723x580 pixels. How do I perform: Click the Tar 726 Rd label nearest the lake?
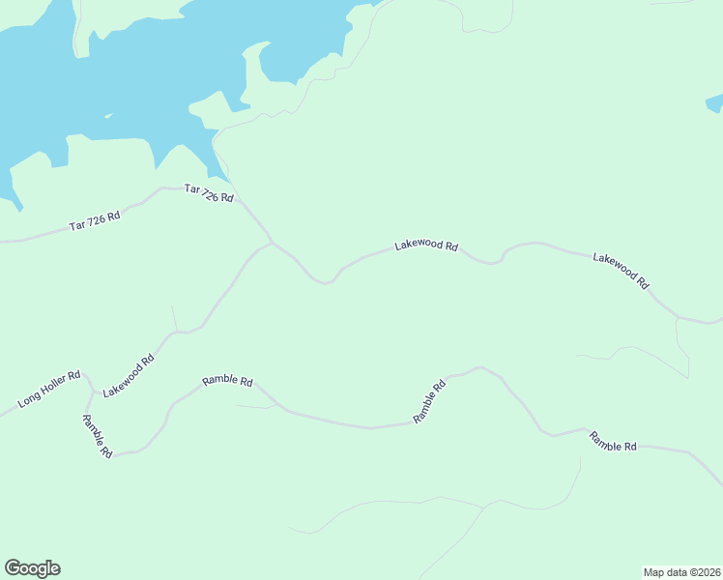point(209,193)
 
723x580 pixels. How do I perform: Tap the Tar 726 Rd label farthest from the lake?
point(95,220)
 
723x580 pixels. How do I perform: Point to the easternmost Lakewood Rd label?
point(621,271)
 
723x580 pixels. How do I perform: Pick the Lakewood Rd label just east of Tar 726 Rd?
point(425,246)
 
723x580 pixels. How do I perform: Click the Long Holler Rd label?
point(47,388)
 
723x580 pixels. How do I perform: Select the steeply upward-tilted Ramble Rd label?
point(429,401)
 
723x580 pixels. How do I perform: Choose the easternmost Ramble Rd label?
point(613,442)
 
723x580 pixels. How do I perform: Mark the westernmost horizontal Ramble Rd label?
point(227,381)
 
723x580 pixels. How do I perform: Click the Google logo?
point(32,568)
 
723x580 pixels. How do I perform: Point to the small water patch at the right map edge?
point(714,101)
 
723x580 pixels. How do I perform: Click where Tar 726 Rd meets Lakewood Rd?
point(272,242)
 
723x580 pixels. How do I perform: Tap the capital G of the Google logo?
point(12,568)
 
